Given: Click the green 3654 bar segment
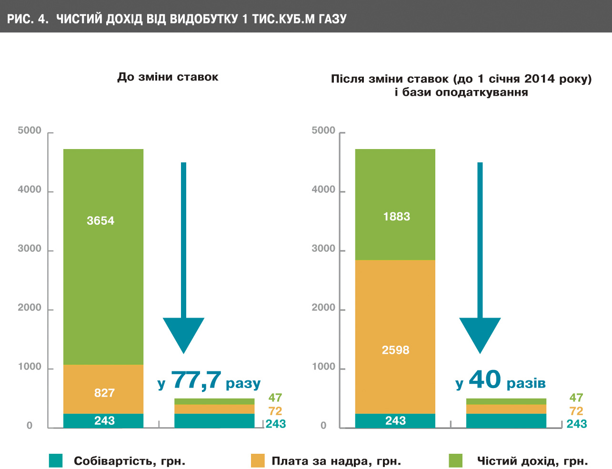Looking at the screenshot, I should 103,257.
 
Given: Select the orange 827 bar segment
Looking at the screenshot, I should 103,389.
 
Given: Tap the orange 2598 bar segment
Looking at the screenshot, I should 395,337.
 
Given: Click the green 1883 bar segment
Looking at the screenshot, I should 395,204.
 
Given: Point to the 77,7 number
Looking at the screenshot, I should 196,380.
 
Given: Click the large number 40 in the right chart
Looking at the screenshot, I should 485,379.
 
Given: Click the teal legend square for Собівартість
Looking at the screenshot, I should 56,460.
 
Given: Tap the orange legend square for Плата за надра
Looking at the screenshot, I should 258,460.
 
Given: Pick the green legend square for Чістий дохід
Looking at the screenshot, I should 456,460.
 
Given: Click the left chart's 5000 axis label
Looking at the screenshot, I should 30,130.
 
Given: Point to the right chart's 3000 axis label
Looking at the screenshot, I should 323,249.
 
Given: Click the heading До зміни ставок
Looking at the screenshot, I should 168,77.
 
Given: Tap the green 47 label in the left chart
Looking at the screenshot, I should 275,397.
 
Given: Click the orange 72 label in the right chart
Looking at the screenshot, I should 576,411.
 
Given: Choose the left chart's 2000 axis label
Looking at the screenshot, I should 30,308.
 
